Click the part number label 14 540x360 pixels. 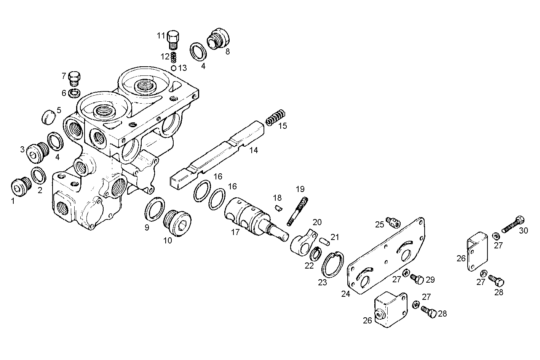(x=254, y=150)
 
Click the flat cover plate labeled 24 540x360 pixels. (x=385, y=255)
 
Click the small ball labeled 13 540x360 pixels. (x=174, y=68)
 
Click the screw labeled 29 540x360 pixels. (x=417, y=280)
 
